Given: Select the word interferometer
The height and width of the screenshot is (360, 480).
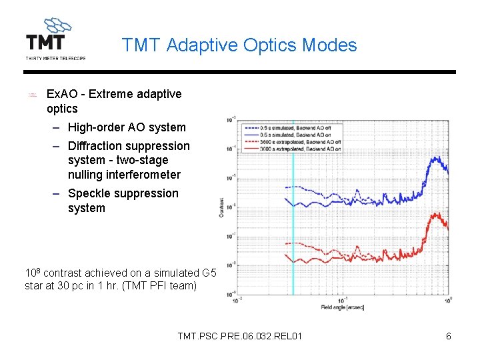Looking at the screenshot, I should [124, 175].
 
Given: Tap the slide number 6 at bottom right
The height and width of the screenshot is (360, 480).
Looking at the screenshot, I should [449, 336].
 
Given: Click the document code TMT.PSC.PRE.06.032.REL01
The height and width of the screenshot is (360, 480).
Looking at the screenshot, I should [240, 336].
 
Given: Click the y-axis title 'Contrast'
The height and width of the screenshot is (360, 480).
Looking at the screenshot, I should [221, 207].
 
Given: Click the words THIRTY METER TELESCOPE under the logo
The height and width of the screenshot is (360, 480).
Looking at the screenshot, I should [55, 59].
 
